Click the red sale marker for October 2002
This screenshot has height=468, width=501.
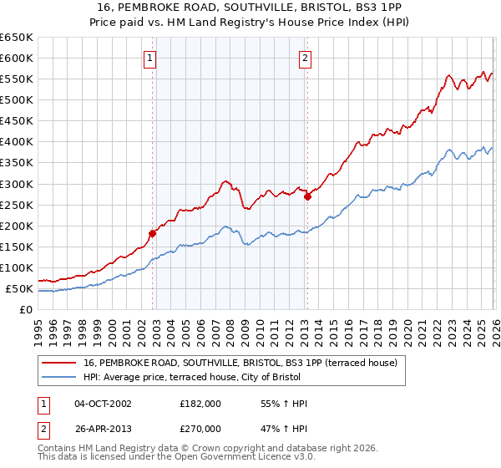click(152, 233)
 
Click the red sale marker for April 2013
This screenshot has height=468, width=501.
click(307, 196)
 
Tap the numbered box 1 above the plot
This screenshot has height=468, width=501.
click(149, 58)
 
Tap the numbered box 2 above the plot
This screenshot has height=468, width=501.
click(305, 58)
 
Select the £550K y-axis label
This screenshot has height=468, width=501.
click(17, 79)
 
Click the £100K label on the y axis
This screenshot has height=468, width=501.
click(17, 267)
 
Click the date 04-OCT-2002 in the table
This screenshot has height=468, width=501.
click(103, 404)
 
